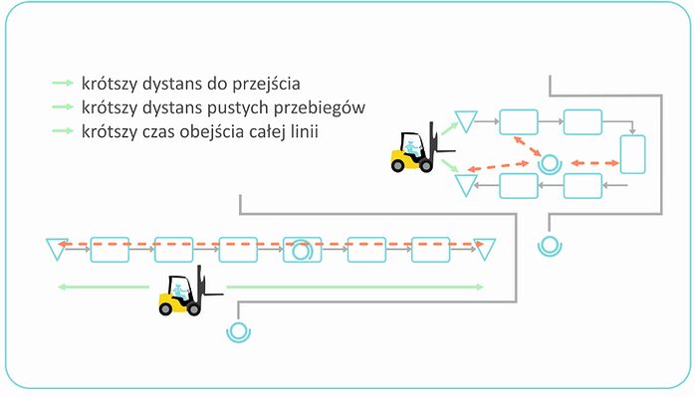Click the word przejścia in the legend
[268, 83]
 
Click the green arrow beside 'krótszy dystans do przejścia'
[63, 83]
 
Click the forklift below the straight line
[181, 295]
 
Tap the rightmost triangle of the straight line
[485, 248]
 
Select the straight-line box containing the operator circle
[302, 249]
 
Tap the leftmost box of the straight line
[110, 249]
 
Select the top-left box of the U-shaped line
[518, 121]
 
